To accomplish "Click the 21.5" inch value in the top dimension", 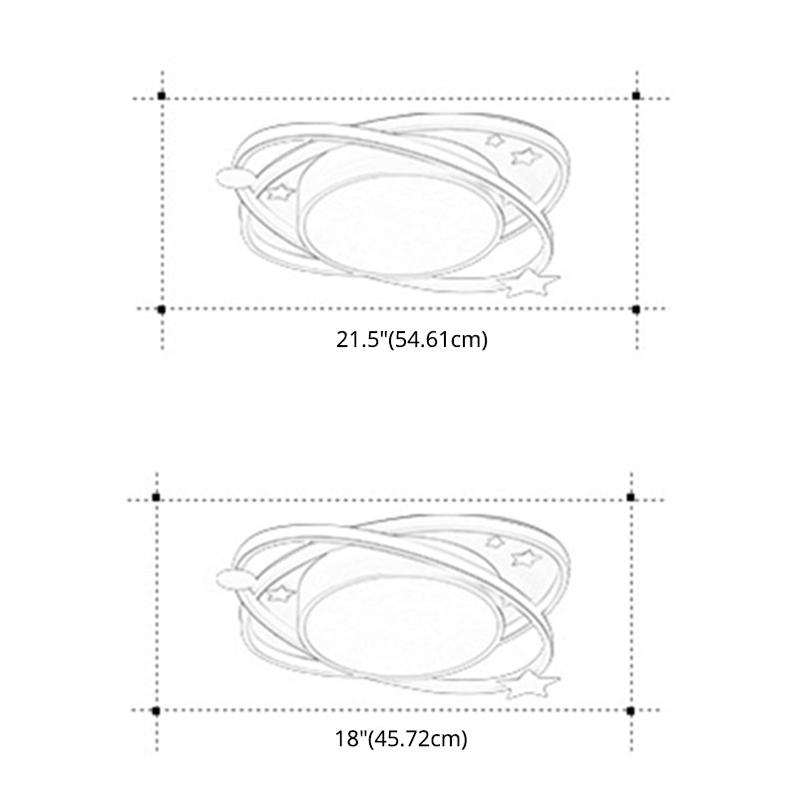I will coord(358,340).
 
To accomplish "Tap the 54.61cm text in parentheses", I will coord(436,340).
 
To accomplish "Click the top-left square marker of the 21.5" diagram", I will coord(162,96).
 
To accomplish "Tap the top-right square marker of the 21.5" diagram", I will coord(635,96).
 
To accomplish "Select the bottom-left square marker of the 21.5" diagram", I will coord(162,309).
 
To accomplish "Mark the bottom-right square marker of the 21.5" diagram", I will coord(635,309).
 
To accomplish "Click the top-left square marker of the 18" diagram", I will coord(156,496).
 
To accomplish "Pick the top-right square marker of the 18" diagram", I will coord(629,496).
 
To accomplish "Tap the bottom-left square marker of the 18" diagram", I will coord(156,709).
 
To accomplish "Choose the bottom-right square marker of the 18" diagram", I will coord(629,709).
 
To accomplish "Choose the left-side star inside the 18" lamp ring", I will coord(278,596).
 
